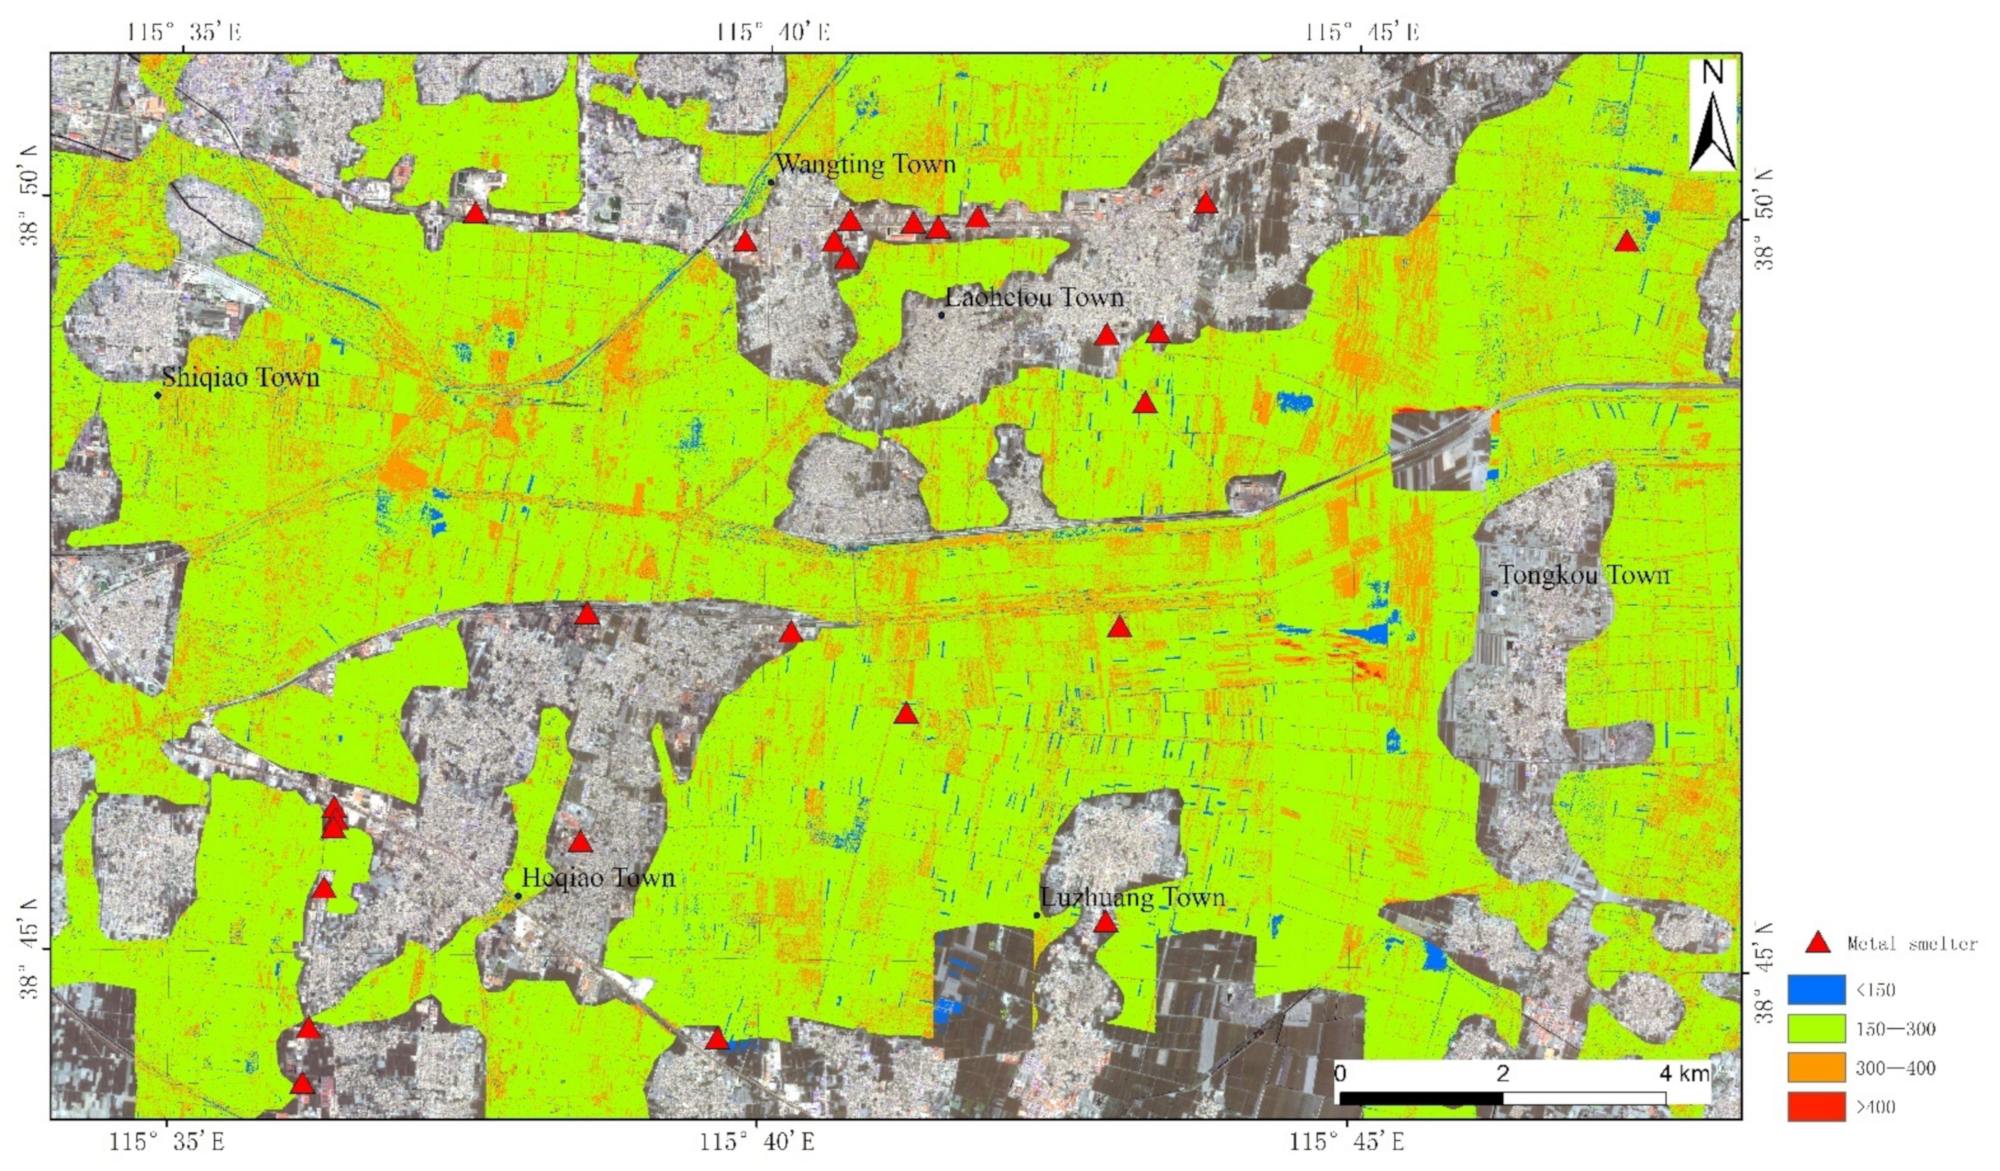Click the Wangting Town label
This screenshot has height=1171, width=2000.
point(865,165)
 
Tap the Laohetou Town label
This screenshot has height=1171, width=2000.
point(1034,298)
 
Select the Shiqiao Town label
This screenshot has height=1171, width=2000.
point(241,377)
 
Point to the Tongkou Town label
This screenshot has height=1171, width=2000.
point(1584,575)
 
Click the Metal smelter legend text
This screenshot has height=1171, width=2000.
point(1911,944)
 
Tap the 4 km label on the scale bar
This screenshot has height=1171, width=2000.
point(1684,1074)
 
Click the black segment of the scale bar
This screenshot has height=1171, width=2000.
point(1421,1098)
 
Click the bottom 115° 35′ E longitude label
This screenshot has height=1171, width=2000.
point(167,1142)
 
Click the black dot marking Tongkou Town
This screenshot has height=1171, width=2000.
point(1494,592)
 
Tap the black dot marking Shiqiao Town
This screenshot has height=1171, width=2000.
point(158,395)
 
